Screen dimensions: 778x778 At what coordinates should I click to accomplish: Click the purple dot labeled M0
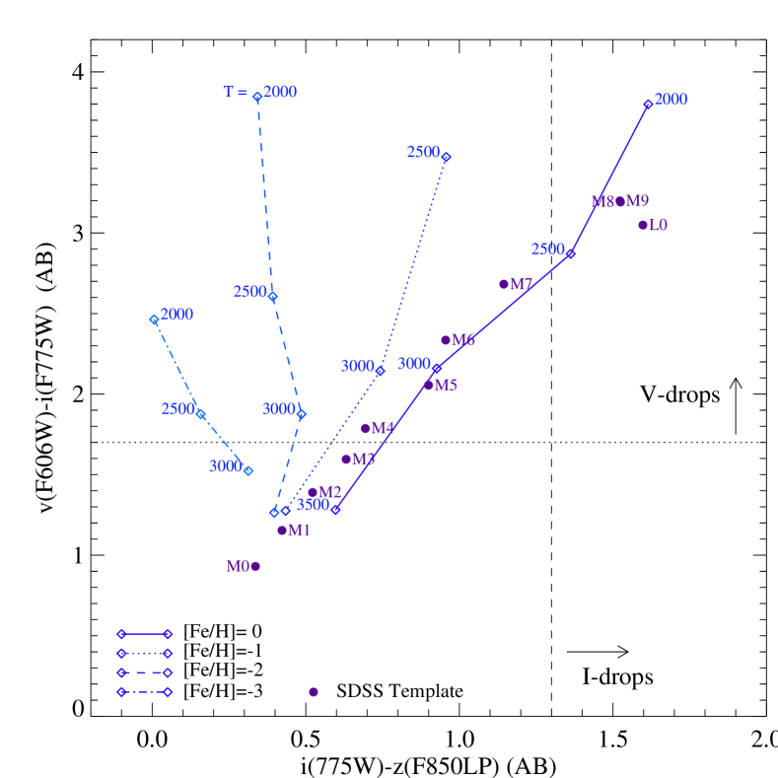tap(255, 566)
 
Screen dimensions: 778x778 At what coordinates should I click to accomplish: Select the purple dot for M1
tap(282, 530)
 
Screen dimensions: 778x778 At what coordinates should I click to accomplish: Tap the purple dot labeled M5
tap(429, 385)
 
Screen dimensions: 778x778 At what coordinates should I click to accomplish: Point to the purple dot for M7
tap(504, 284)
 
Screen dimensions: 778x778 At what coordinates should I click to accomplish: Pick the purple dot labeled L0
tap(643, 225)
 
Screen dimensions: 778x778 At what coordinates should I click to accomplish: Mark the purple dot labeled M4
tap(365, 428)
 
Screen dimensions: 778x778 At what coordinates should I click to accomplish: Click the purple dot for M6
tap(446, 340)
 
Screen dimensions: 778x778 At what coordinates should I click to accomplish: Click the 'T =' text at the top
tap(235, 93)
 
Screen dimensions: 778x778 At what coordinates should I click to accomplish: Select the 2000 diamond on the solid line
tap(648, 104)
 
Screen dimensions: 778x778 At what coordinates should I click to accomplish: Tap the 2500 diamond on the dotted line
tap(446, 158)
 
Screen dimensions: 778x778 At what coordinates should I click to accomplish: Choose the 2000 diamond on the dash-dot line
tap(154, 319)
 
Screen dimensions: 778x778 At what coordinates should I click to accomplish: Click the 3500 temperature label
tap(313, 505)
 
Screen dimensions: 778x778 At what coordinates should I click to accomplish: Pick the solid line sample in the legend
tap(144, 634)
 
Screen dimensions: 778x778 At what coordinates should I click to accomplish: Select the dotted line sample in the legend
tap(144, 653)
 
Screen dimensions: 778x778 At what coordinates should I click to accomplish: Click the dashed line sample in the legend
tap(144, 672)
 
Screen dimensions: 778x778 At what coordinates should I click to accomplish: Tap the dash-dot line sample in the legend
tap(144, 692)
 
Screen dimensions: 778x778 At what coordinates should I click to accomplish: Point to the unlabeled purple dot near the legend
tap(314, 692)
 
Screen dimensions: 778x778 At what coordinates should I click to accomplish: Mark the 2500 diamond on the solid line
tap(570, 254)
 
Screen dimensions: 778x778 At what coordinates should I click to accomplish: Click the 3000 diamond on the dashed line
tap(301, 414)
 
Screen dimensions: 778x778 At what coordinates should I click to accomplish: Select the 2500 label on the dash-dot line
tap(177, 408)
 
